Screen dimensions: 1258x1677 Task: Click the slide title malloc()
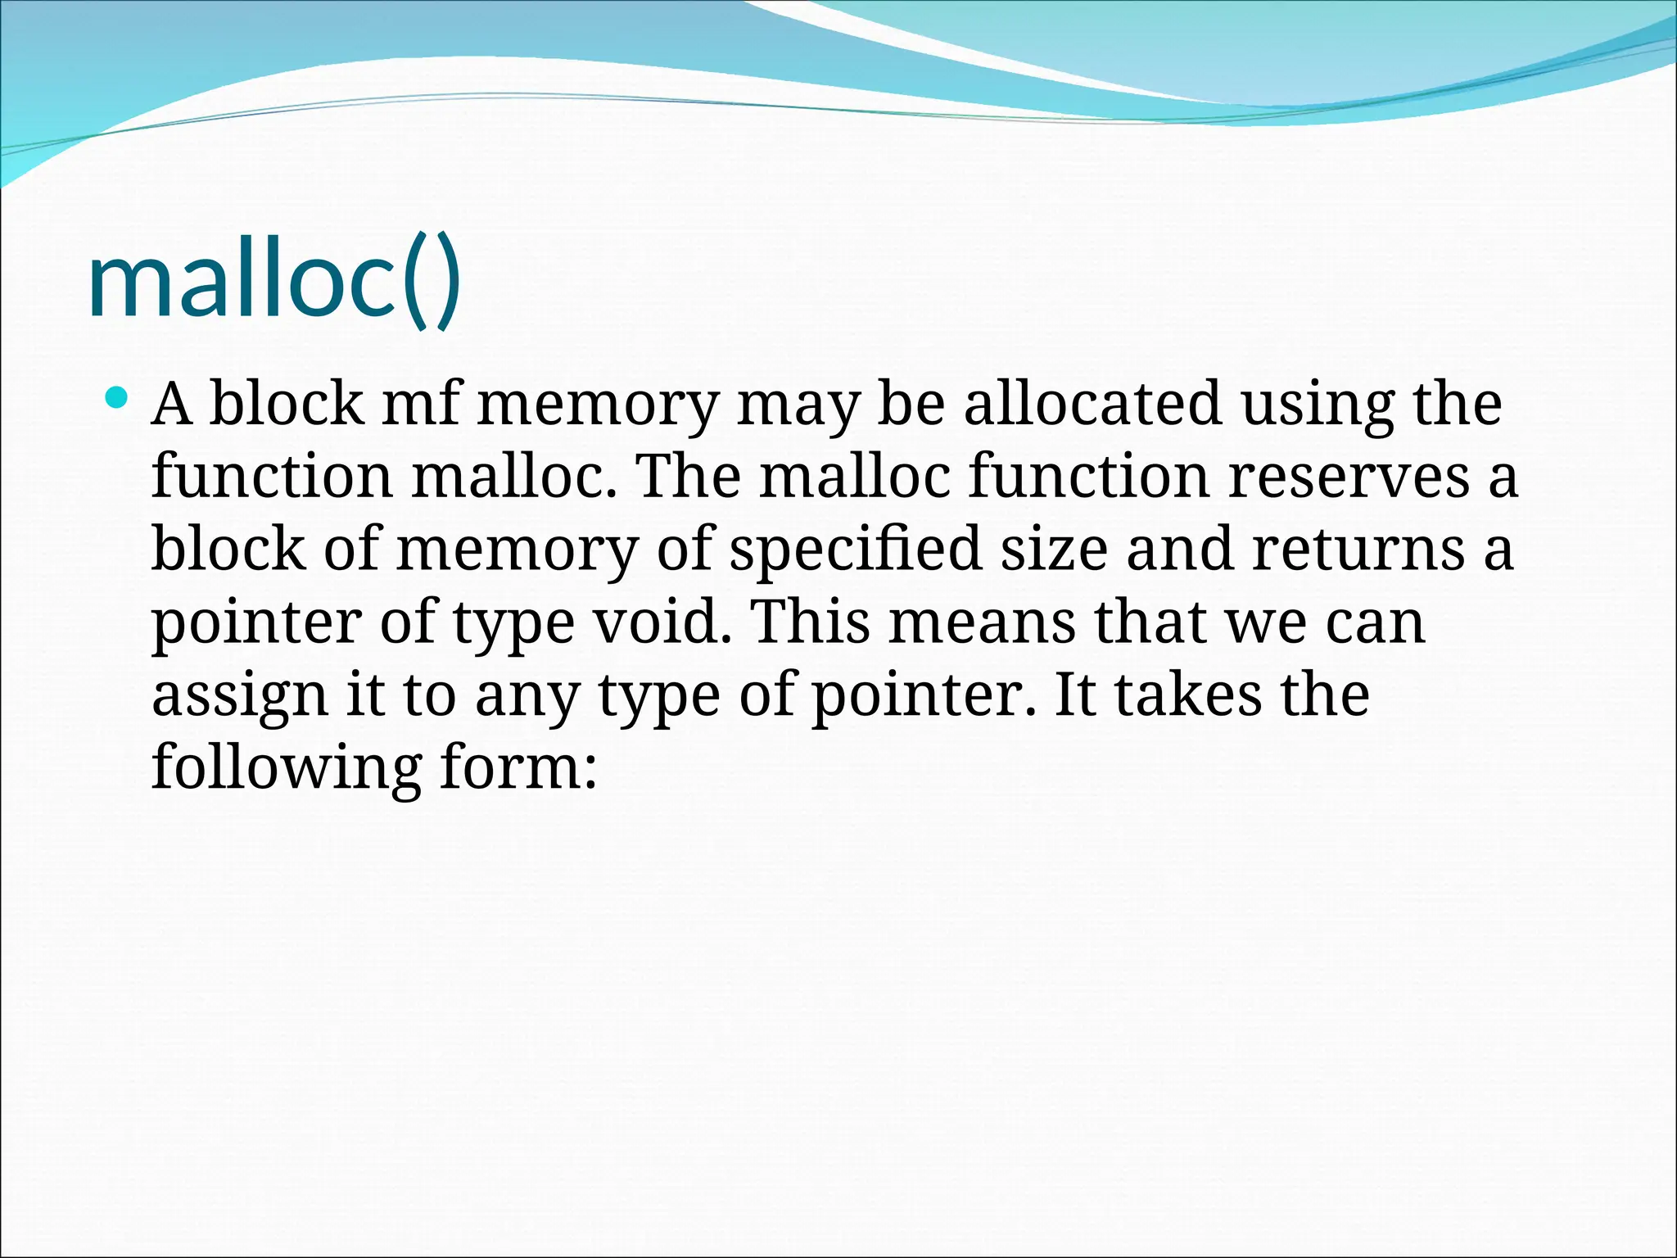(273, 283)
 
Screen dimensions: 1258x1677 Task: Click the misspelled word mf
(420, 404)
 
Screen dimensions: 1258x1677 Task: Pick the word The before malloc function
(688, 477)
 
